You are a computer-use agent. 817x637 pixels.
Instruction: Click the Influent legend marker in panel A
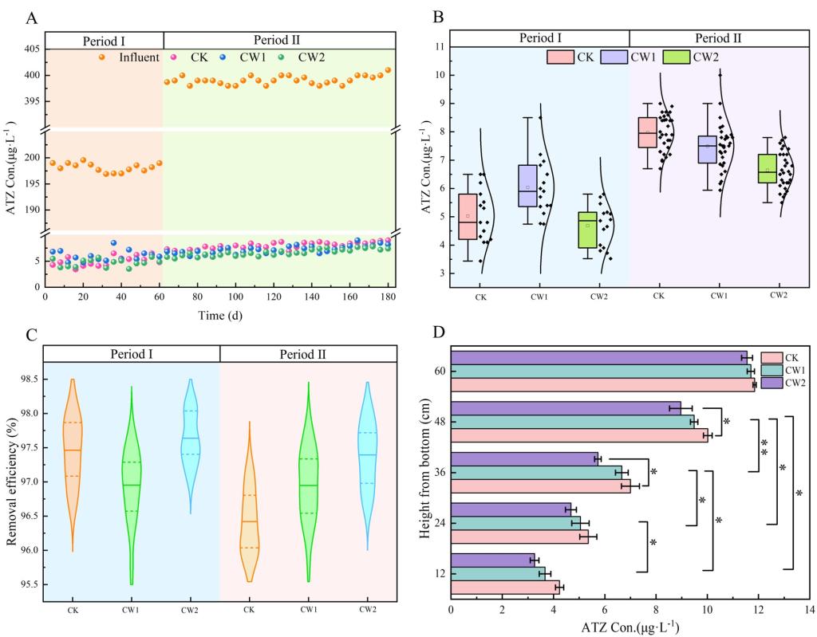(x=102, y=57)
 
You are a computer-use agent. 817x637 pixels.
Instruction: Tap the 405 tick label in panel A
(x=30, y=49)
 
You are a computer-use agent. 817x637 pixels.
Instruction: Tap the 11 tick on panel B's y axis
(x=439, y=47)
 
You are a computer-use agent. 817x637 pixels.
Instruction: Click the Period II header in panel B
(x=718, y=37)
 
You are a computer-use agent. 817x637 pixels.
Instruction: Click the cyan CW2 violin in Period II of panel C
(x=367, y=454)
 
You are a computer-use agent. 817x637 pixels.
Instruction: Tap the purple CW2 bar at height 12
(x=492, y=560)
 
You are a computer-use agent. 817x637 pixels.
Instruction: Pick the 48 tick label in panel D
(x=439, y=422)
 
